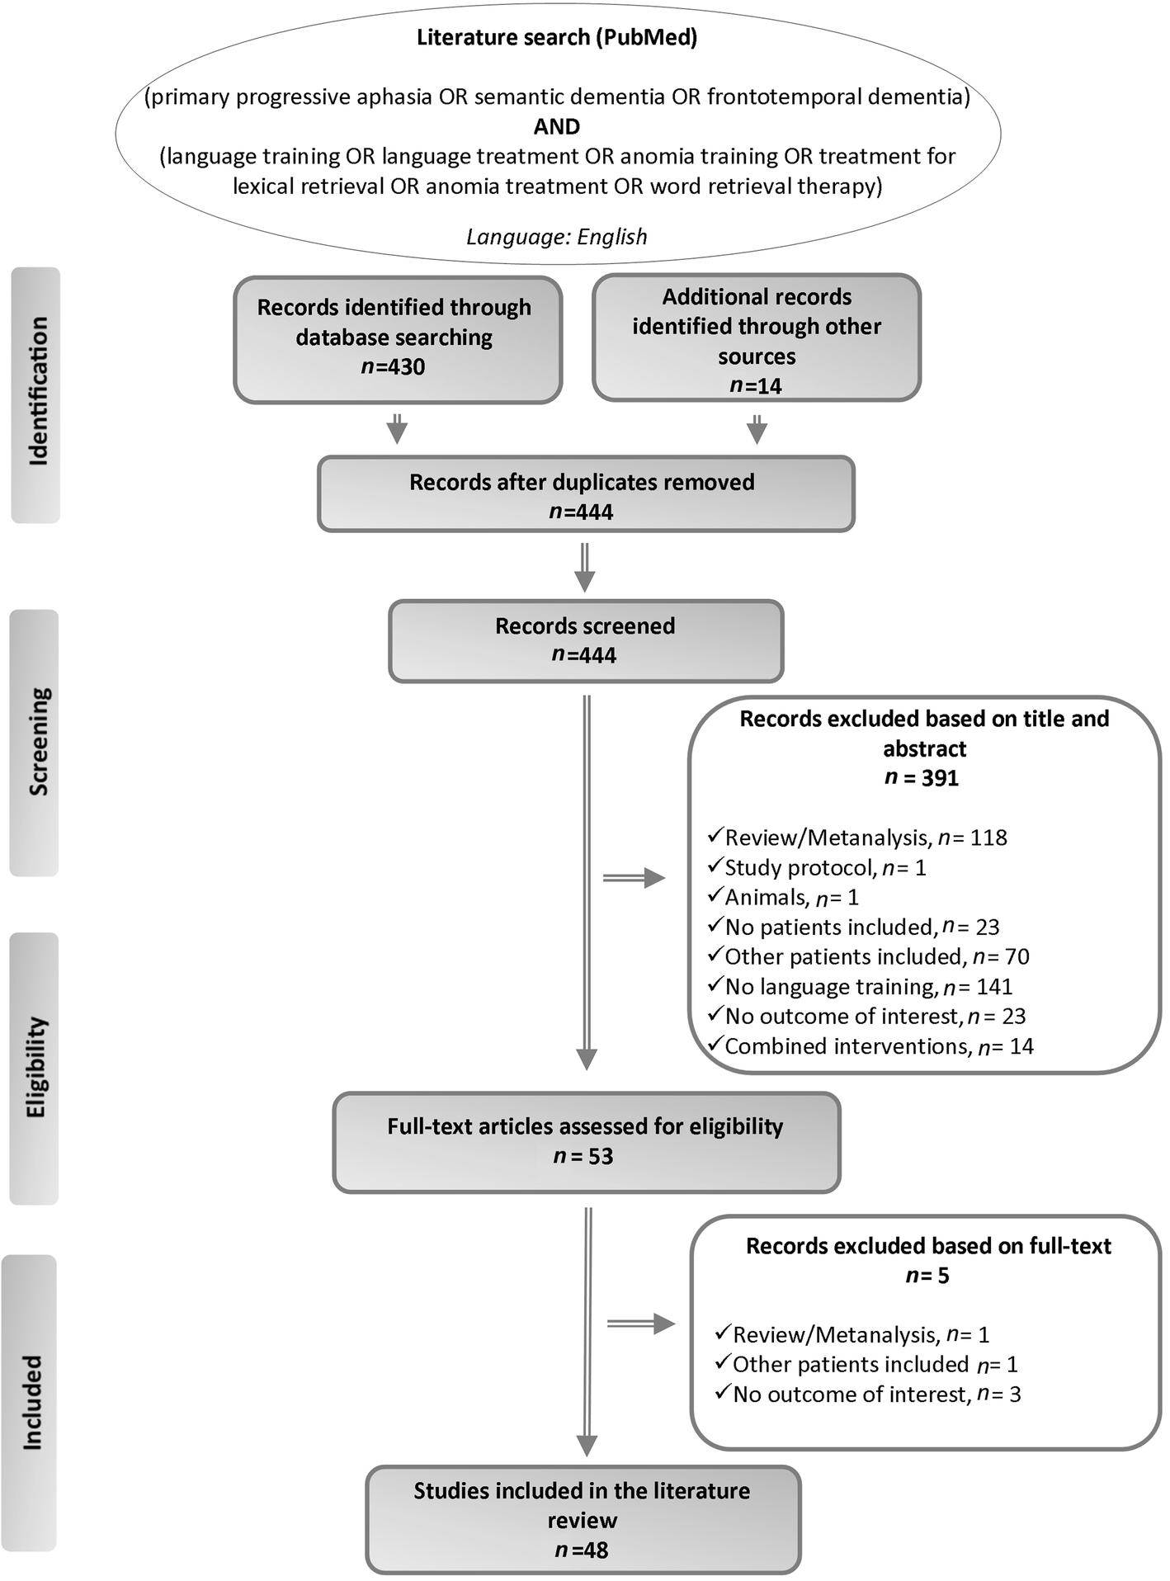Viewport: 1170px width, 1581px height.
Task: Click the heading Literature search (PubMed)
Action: [x=557, y=38]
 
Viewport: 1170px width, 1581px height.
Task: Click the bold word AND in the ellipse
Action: [x=557, y=127]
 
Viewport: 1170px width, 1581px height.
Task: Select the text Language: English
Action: [x=557, y=237]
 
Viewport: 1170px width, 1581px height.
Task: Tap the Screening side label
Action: [x=36, y=741]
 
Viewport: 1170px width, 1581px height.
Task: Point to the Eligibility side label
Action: [x=36, y=1067]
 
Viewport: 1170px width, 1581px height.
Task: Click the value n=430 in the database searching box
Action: [x=394, y=366]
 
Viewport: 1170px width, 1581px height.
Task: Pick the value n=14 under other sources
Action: [x=756, y=385]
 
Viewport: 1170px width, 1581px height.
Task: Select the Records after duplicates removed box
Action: [x=585, y=494]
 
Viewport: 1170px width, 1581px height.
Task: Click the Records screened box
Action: [x=585, y=640]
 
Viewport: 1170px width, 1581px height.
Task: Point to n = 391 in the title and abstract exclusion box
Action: [x=922, y=778]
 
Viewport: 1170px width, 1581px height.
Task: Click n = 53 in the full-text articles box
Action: [x=583, y=1157]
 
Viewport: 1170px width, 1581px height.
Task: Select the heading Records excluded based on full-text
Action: [x=928, y=1246]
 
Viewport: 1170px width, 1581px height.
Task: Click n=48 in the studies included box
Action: [x=582, y=1550]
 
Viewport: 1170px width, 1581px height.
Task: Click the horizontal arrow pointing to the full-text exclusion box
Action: [x=640, y=1324]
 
